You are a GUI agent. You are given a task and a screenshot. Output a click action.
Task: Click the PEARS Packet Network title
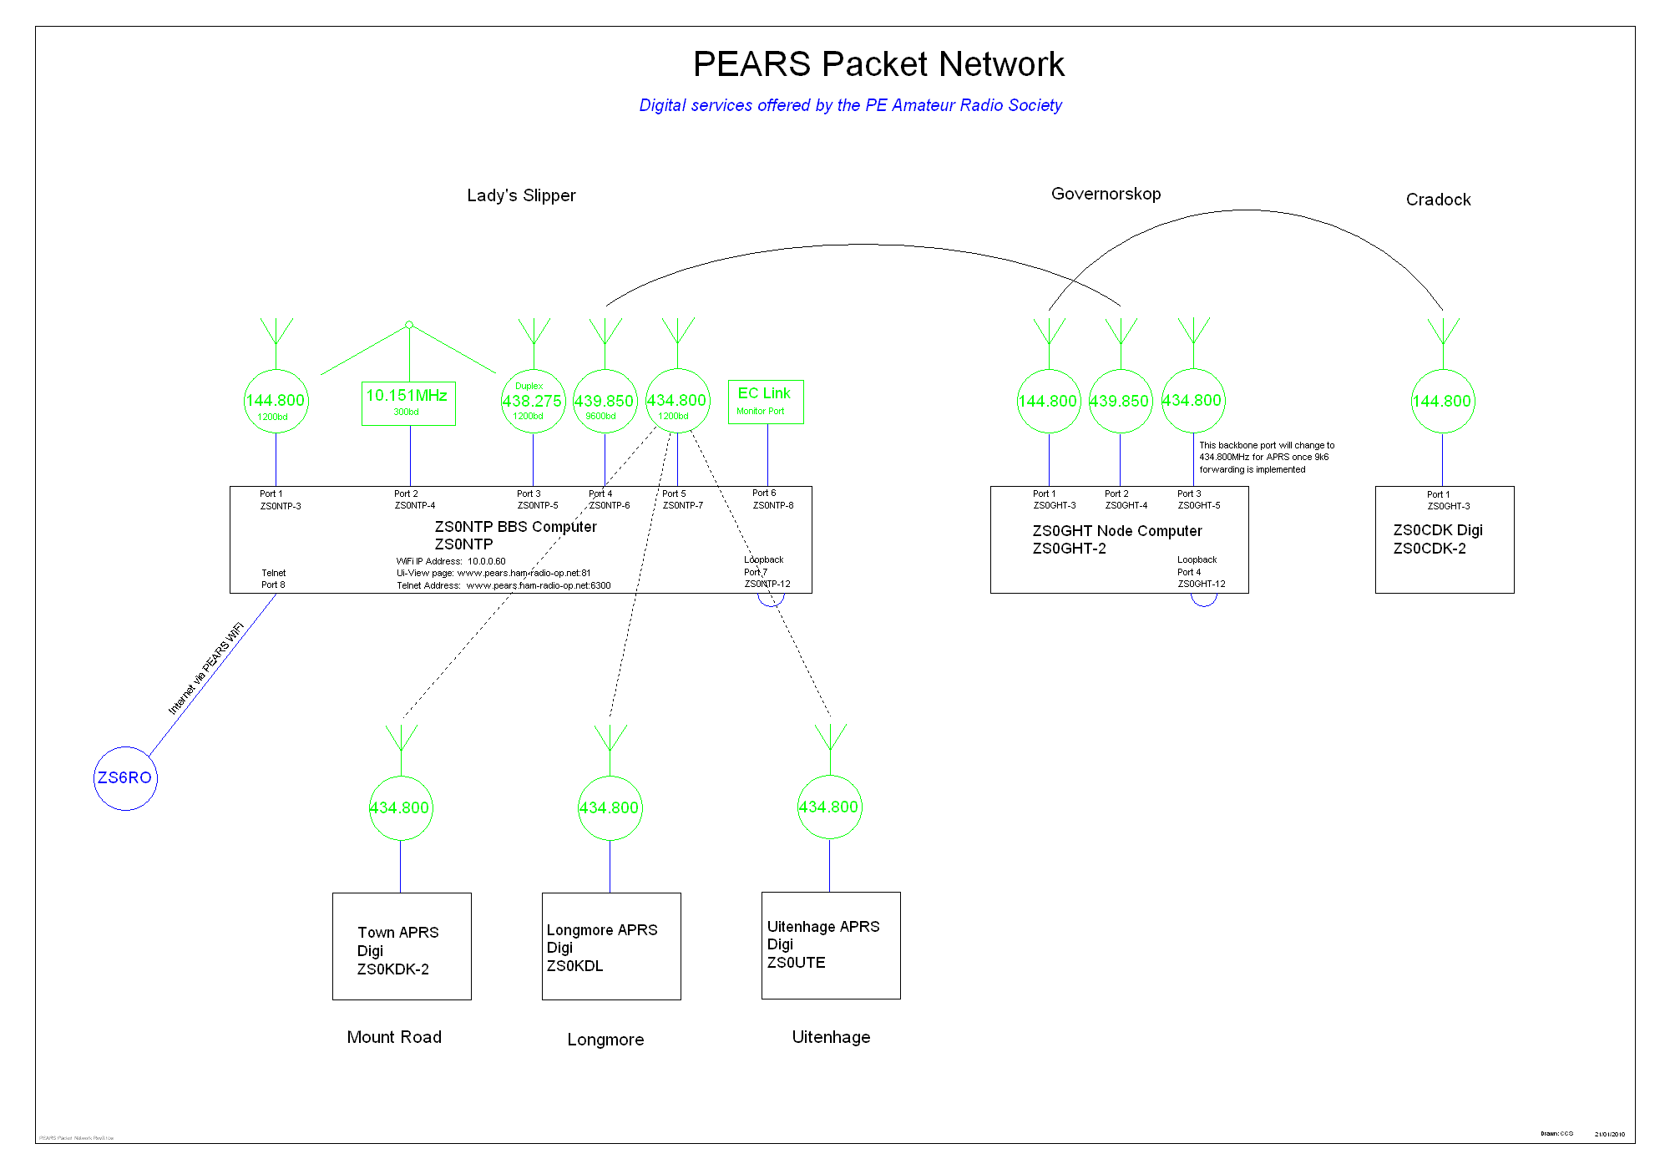878,64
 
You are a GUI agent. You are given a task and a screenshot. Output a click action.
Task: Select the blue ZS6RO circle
125,778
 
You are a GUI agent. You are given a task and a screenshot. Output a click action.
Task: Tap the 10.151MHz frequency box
408,402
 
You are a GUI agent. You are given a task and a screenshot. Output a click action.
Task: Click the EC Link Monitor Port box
766,402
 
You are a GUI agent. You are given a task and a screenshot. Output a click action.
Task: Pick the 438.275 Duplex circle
533,401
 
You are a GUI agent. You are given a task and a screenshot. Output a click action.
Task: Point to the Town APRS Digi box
402,946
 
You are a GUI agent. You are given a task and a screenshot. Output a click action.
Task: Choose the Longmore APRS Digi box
611,946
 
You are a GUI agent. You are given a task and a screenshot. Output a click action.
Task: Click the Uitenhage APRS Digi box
831,945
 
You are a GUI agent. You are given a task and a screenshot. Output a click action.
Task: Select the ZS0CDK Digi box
1445,539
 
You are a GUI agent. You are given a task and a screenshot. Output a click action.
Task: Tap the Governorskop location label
1106,194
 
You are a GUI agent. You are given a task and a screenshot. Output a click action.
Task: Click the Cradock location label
1438,200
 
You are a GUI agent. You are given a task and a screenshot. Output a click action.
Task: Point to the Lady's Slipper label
521,195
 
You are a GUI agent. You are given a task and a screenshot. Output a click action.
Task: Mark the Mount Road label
394,1037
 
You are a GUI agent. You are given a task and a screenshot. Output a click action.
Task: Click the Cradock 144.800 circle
1443,401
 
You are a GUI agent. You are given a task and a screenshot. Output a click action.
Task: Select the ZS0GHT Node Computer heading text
1117,531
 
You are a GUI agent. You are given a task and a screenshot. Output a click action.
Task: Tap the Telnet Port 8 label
273,579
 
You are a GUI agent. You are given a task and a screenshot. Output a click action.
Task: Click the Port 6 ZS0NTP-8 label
772,499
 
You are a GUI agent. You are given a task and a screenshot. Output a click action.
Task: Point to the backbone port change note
1267,458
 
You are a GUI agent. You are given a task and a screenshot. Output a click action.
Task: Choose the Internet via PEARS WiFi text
205,669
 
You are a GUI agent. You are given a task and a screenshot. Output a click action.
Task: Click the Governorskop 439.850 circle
1120,401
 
